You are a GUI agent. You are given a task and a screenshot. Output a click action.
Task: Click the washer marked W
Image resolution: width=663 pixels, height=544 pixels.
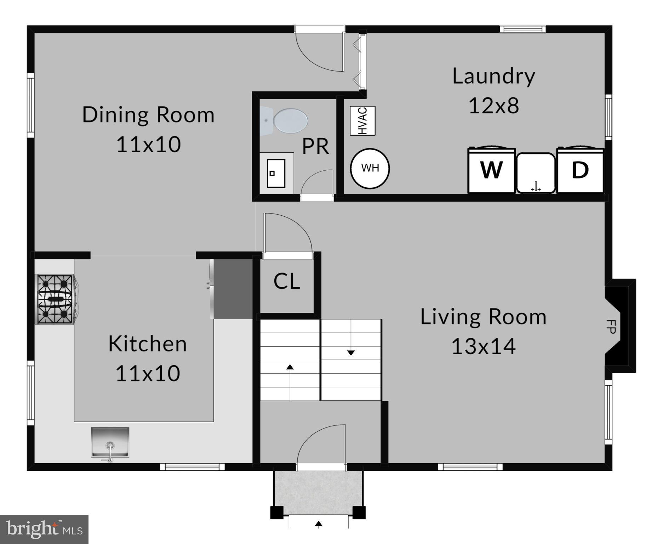tap(491, 170)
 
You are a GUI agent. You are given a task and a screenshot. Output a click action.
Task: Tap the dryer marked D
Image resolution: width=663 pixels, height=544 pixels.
tap(580, 170)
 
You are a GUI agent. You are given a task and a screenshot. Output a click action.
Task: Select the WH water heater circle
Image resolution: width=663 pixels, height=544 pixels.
tap(370, 168)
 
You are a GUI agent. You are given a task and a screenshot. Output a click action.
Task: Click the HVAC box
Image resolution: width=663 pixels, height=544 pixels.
tap(362, 121)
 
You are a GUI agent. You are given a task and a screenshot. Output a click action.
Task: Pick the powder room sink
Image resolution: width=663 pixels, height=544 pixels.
tap(276, 173)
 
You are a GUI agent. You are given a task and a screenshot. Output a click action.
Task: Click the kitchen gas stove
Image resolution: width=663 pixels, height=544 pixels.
tap(56, 299)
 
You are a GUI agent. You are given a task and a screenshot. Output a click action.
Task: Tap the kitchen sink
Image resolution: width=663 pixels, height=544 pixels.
tap(110, 443)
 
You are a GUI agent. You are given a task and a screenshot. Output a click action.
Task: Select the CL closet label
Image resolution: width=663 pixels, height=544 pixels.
tap(287, 281)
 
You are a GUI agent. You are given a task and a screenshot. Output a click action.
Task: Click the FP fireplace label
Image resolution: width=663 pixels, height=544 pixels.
tap(611, 326)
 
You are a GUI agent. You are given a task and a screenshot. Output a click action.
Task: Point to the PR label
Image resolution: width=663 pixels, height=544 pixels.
tap(315, 146)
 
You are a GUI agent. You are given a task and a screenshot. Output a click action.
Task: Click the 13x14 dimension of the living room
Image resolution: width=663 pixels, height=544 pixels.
tap(484, 346)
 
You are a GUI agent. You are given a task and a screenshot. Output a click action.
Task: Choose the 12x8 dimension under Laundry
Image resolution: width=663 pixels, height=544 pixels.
tap(494, 106)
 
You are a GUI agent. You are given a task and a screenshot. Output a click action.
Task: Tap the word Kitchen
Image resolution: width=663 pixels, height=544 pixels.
tap(148, 344)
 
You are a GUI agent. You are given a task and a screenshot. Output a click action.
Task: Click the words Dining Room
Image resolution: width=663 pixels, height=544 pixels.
tap(148, 115)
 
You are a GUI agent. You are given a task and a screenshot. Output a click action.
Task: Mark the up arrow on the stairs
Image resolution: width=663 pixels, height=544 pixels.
tap(290, 367)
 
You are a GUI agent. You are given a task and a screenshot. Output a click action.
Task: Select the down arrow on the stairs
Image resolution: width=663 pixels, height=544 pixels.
tap(351, 352)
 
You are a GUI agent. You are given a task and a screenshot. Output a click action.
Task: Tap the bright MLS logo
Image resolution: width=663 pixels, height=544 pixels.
tap(44, 529)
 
